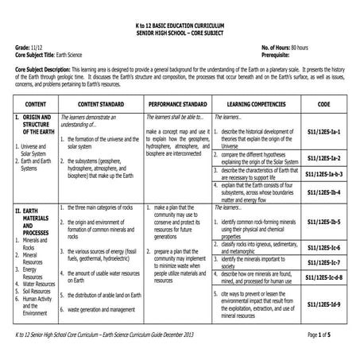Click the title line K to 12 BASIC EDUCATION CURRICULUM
[x=180, y=26]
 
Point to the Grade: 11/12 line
[x=29, y=48]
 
